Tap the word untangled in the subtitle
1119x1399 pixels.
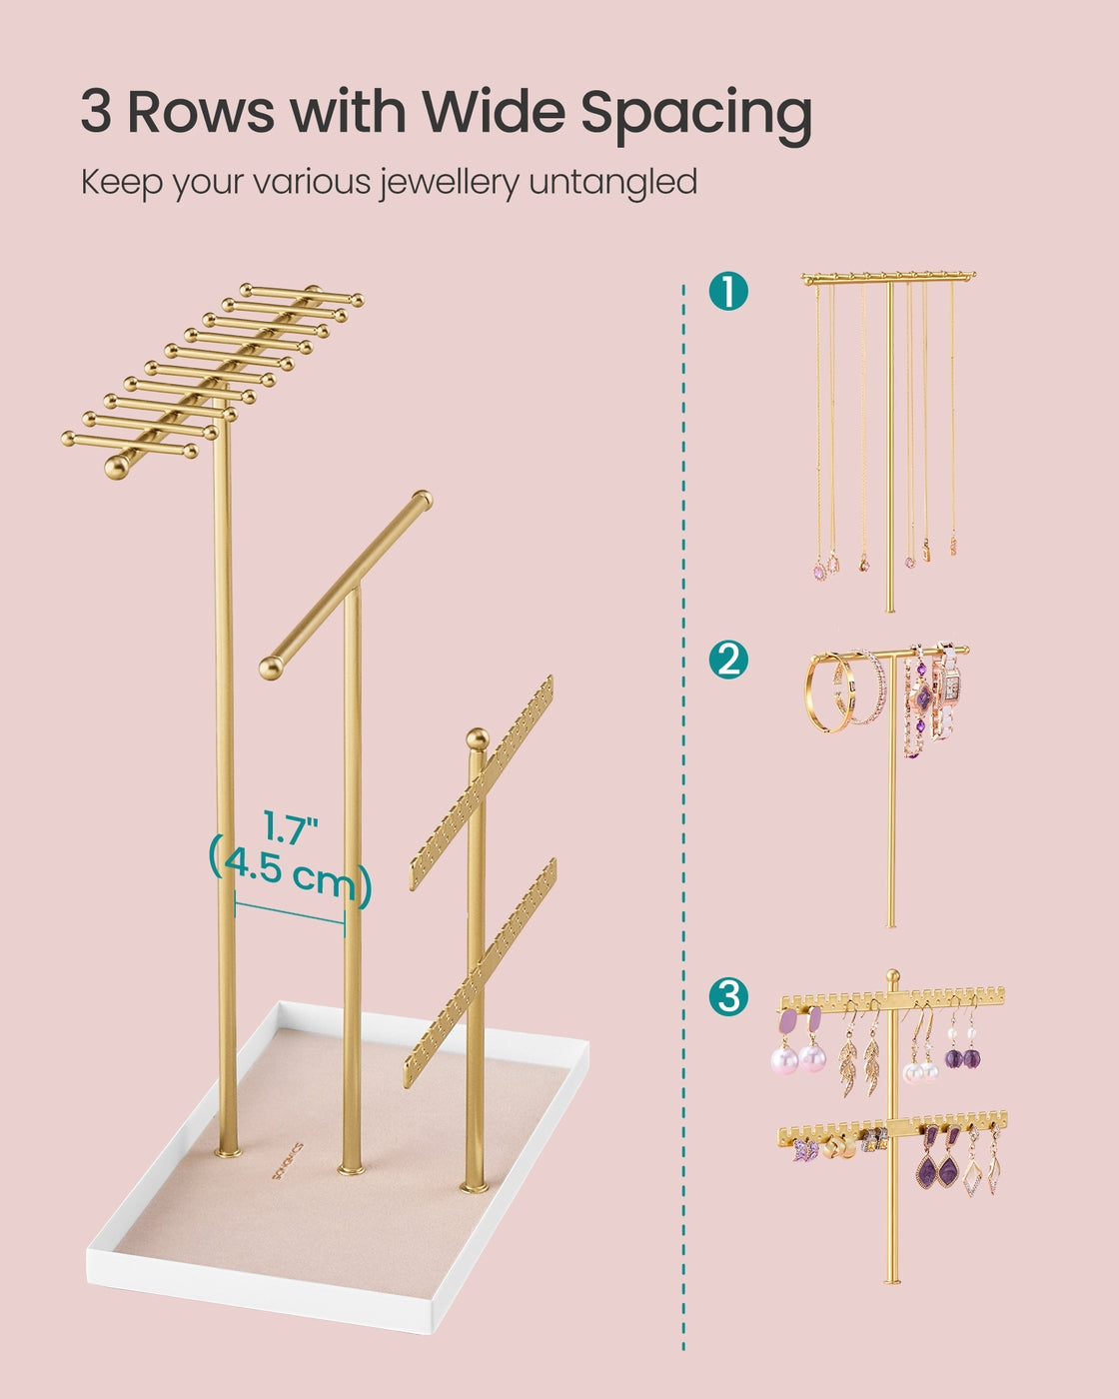click(x=613, y=182)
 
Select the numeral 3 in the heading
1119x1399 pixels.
click(x=96, y=111)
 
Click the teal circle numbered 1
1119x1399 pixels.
click(x=728, y=291)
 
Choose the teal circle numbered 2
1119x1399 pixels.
click(x=728, y=660)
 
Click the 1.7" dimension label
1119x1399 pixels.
click(x=290, y=827)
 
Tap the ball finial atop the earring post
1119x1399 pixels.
click(x=478, y=738)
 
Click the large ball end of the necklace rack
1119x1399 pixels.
click(x=117, y=468)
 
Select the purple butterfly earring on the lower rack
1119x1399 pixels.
click(x=803, y=1151)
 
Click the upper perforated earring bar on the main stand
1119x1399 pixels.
click(x=482, y=782)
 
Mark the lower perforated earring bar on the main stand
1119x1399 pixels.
click(x=481, y=972)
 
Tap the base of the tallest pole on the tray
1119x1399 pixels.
click(x=228, y=1152)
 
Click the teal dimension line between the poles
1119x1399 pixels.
click(x=290, y=912)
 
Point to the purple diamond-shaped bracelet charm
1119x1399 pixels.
click(x=922, y=698)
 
